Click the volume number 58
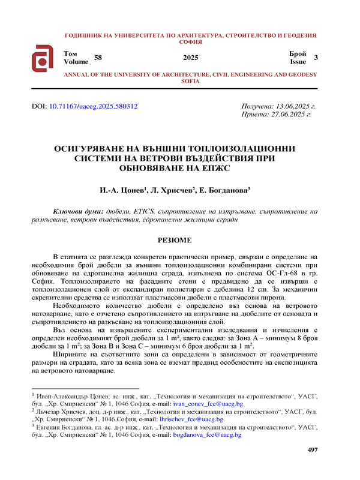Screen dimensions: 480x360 tap(99, 58)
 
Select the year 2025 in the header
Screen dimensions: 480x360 tap(190, 58)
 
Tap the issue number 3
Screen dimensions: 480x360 tap(316, 58)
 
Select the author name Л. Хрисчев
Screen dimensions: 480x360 tap(172, 190)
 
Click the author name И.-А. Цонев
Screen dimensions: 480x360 tap(122, 190)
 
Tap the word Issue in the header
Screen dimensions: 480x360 tap(298, 61)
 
